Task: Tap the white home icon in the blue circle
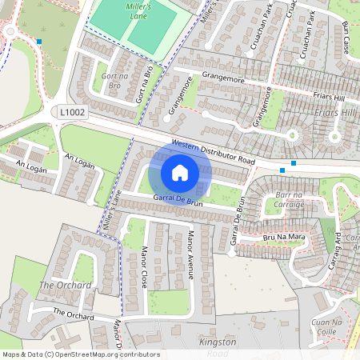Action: pos(180,173)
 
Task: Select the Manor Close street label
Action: pos(145,267)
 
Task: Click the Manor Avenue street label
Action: pos(190,256)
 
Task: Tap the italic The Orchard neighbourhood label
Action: pos(65,286)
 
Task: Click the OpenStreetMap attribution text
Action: pos(81,354)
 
